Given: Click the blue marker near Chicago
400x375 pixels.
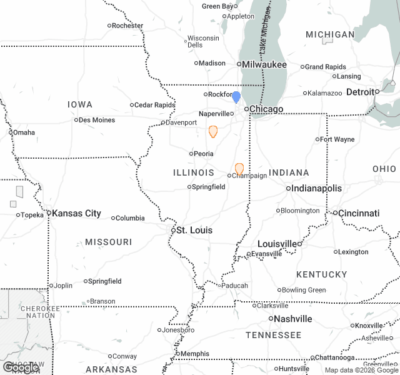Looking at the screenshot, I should (236, 97).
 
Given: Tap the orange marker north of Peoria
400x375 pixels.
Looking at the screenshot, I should (213, 131).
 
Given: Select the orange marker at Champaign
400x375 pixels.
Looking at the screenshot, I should (239, 169).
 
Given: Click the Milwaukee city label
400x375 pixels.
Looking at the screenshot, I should (264, 64).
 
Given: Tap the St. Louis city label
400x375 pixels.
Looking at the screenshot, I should (194, 230).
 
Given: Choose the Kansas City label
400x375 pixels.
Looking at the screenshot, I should (76, 213).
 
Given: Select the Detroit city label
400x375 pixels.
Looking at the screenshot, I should (362, 92).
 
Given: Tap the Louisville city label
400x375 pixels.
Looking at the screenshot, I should (277, 243).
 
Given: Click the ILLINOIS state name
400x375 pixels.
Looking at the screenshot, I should (194, 172).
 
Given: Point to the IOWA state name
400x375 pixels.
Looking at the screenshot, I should (80, 104).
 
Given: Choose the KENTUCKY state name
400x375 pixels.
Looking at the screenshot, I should (322, 274).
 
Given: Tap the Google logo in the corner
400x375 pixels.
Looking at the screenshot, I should (21, 367).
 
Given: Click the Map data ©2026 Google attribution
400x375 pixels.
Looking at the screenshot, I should (361, 370).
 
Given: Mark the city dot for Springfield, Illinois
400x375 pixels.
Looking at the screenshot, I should (189, 187).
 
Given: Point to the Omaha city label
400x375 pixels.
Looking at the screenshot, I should (24, 132).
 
